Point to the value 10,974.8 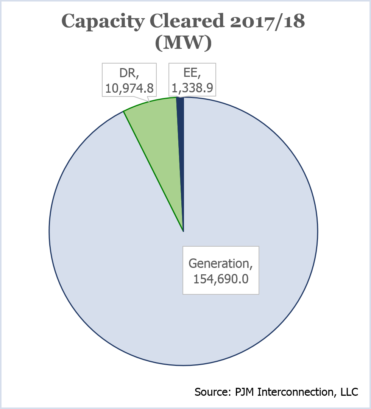tap(129, 88)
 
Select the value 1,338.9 tap(192, 88)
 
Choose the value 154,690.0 tap(221, 279)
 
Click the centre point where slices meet tap(183, 231)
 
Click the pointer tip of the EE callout tap(180, 98)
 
